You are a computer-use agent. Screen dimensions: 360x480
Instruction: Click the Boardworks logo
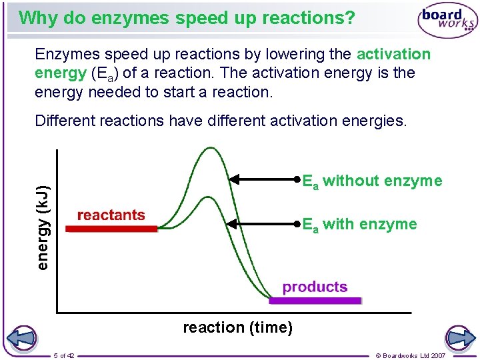pos(447,22)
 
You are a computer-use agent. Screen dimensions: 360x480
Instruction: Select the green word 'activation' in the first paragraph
pos(394,54)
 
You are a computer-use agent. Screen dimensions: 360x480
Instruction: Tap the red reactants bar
pos(111,228)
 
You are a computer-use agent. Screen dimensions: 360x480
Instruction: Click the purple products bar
pos(315,300)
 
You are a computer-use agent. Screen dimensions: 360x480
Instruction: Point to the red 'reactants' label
pos(111,215)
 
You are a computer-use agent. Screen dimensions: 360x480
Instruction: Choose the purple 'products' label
pos(315,287)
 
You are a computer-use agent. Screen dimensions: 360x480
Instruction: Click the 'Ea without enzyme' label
pos(372,181)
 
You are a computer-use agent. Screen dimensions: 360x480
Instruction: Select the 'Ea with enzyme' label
pos(360,225)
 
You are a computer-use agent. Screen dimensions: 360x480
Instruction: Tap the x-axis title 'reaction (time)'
pos(237,327)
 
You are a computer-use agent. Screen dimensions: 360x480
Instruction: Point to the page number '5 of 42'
pos(64,355)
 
